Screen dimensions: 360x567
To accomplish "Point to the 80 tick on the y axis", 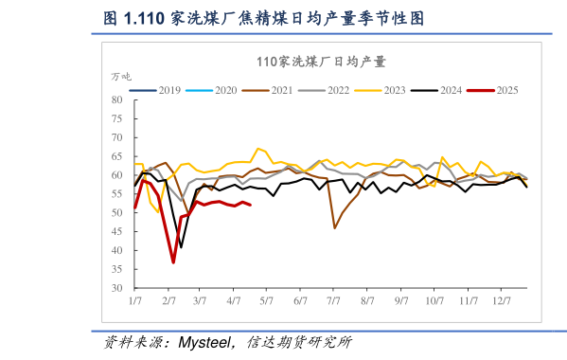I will [x=117, y=99].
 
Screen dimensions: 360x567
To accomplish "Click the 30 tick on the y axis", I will [x=117, y=288].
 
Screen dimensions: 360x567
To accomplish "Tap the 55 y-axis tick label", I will [x=117, y=194].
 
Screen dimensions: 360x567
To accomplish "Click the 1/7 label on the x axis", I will [x=135, y=300].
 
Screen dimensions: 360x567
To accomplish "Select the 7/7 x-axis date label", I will [x=333, y=300].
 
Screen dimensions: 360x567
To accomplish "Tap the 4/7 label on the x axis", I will [x=234, y=300].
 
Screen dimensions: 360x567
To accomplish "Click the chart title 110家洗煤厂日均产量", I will [x=321, y=62].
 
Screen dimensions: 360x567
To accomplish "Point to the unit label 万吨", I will [x=121, y=76].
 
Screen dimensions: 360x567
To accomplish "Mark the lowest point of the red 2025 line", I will [x=173, y=262].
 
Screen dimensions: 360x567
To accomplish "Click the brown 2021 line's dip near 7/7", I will [x=335, y=227].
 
